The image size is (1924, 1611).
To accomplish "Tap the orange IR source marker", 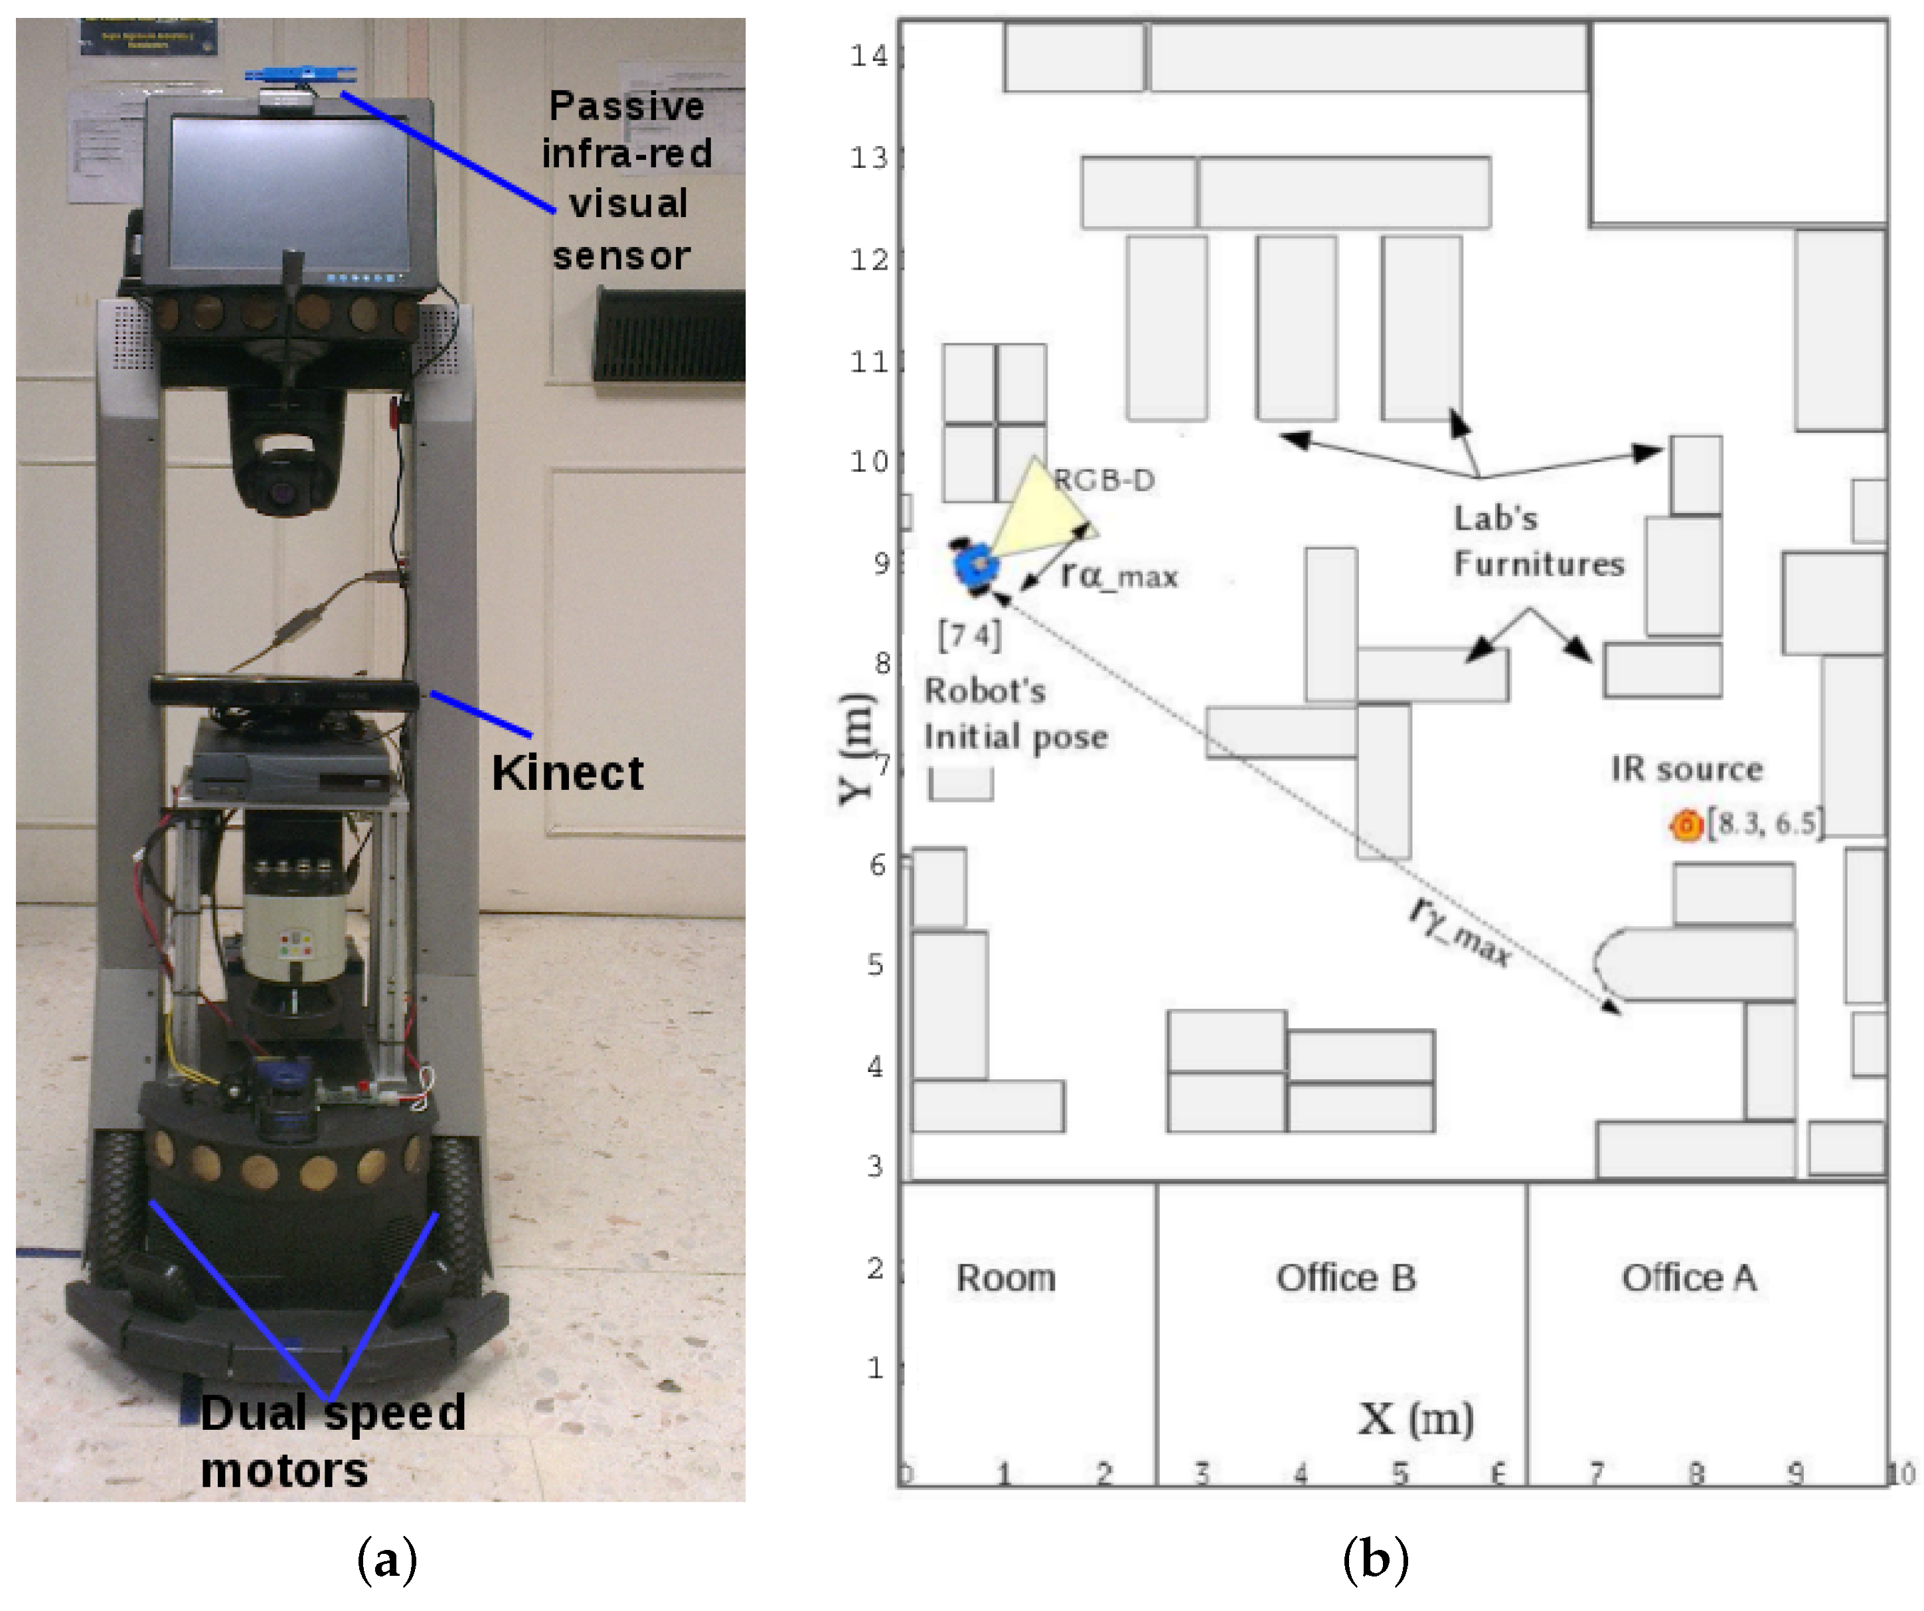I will click(x=1685, y=825).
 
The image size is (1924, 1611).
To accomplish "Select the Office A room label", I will click(x=1688, y=1278).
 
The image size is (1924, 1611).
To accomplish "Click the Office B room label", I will click(x=1346, y=1278).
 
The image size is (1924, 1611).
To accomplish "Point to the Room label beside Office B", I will click(x=1006, y=1278).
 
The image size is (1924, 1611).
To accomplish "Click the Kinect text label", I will click(x=567, y=773).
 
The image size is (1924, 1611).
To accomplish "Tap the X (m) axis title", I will click(x=1415, y=1419).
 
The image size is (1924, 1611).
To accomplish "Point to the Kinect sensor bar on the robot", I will click(x=284, y=692).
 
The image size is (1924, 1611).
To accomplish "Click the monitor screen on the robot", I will click(x=289, y=194).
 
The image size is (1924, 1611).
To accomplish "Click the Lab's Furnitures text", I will click(x=1538, y=541).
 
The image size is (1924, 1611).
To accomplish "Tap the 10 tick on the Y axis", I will click(x=868, y=461).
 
